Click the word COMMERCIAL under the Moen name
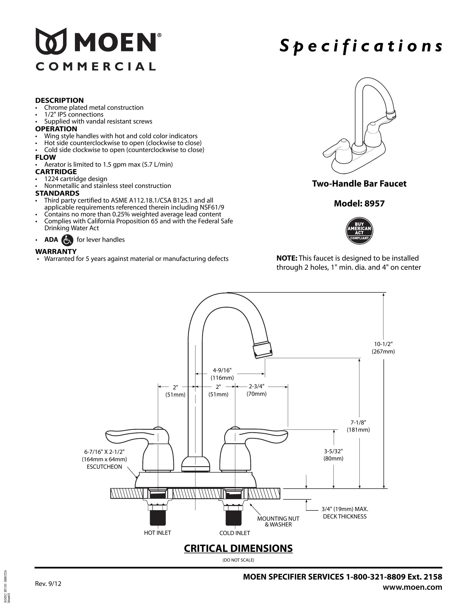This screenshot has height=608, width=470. (x=95, y=67)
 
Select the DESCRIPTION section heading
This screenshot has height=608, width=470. (x=59, y=100)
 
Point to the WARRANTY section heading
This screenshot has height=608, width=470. (x=56, y=251)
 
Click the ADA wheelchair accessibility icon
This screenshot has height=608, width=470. (x=67, y=240)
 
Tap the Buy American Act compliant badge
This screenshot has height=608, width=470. (x=359, y=230)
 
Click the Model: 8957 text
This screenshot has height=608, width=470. (x=359, y=203)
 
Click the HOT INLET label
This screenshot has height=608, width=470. (x=157, y=533)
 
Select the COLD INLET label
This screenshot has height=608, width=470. (x=234, y=533)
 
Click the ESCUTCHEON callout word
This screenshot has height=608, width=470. (x=105, y=467)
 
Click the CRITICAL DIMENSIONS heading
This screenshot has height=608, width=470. (x=238, y=548)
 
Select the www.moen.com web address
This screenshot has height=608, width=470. (x=412, y=587)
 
